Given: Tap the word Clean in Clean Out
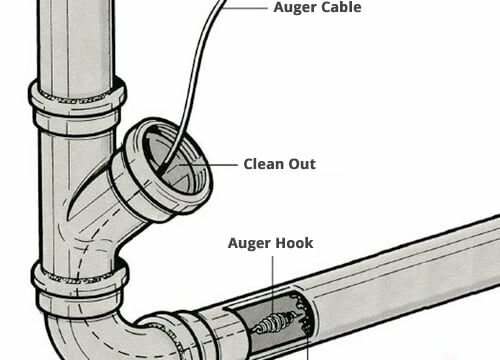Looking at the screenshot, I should point(265,163).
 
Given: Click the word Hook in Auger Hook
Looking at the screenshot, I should point(294,243).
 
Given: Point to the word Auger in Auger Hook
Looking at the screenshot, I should point(249,243).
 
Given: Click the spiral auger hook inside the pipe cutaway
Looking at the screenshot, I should point(272,322).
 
